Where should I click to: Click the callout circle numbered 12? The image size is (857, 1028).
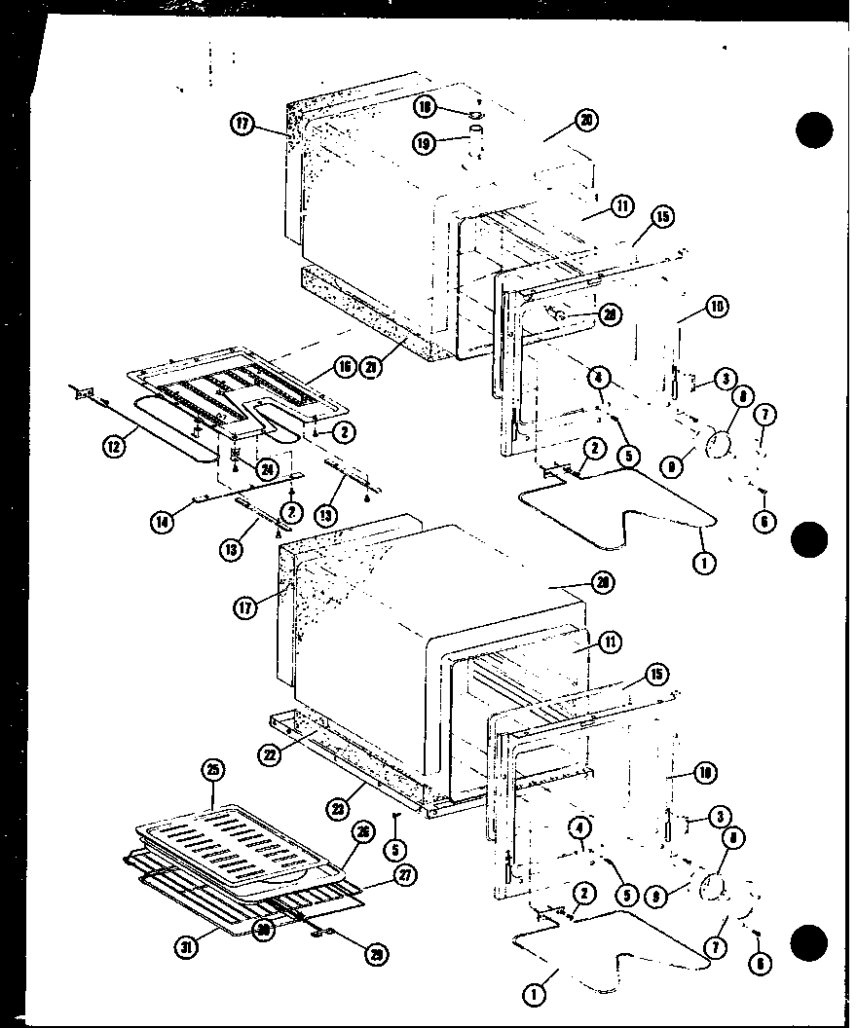coord(114,447)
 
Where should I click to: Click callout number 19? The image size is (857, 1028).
coord(427,144)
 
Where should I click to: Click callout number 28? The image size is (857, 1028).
coord(609,312)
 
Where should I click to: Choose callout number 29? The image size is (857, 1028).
coord(375,954)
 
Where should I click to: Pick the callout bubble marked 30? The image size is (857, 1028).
coord(261,930)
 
